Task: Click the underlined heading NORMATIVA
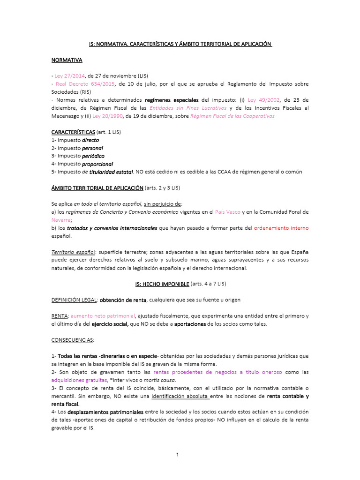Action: pyautogui.click(x=67, y=60)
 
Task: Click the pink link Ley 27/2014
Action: pyautogui.click(x=69, y=75)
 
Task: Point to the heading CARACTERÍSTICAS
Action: pyautogui.click(x=73, y=132)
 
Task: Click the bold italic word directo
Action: pyautogui.click(x=90, y=140)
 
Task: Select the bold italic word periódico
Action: pyautogui.click(x=93, y=156)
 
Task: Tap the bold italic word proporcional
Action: pyautogui.click(x=97, y=164)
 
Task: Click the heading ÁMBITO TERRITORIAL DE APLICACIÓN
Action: pyautogui.click(x=97, y=187)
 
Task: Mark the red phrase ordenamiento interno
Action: pyautogui.click(x=281, y=228)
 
